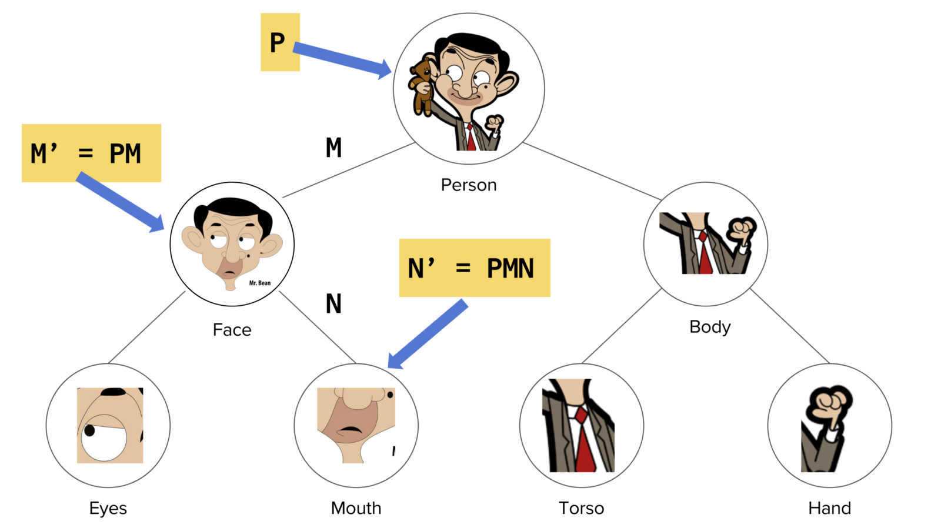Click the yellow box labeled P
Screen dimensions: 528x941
point(280,42)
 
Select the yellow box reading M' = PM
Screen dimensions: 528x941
point(91,153)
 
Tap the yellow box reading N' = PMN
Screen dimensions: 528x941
point(474,268)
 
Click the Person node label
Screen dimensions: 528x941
point(469,185)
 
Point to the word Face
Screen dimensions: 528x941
point(232,330)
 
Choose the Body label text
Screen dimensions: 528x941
point(710,327)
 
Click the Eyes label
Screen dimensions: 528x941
point(108,508)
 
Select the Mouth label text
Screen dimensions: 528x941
point(356,508)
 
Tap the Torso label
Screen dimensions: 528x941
point(581,508)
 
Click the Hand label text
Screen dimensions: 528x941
point(829,508)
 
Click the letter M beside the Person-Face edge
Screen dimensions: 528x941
point(333,148)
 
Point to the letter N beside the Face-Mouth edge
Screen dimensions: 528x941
point(333,304)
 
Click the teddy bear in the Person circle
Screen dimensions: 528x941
point(421,85)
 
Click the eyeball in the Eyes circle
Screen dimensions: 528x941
point(104,437)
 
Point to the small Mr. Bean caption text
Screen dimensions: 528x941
point(260,283)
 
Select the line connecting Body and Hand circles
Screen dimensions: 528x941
point(790,326)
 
